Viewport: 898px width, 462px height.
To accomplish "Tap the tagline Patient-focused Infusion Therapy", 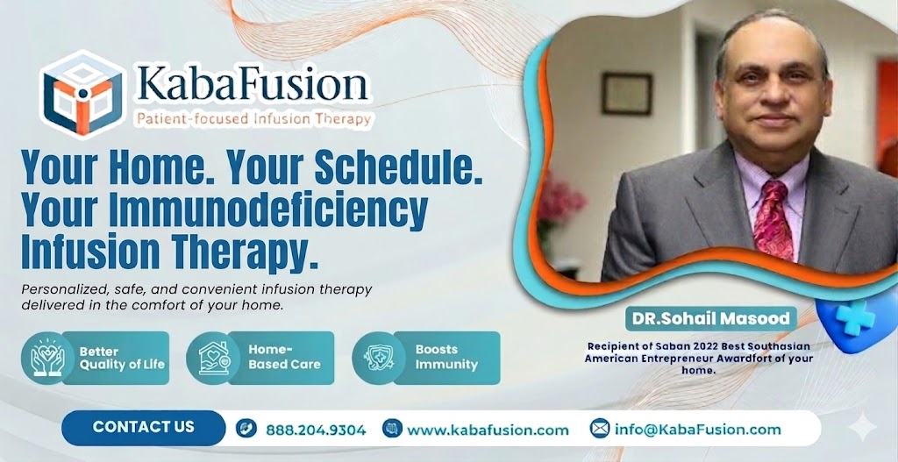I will click(x=252, y=118).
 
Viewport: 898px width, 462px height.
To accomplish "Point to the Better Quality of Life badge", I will click(x=96, y=358).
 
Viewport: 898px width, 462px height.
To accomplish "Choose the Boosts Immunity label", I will click(x=445, y=358).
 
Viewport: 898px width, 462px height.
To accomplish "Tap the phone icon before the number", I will click(x=247, y=430).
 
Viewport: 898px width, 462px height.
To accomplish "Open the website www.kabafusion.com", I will click(x=488, y=430).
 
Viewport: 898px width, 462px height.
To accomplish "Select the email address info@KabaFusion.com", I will click(x=697, y=430).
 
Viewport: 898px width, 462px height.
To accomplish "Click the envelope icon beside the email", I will click(x=600, y=430).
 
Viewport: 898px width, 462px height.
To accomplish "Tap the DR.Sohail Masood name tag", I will click(x=707, y=317).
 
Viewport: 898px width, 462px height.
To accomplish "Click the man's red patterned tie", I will click(x=773, y=218).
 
